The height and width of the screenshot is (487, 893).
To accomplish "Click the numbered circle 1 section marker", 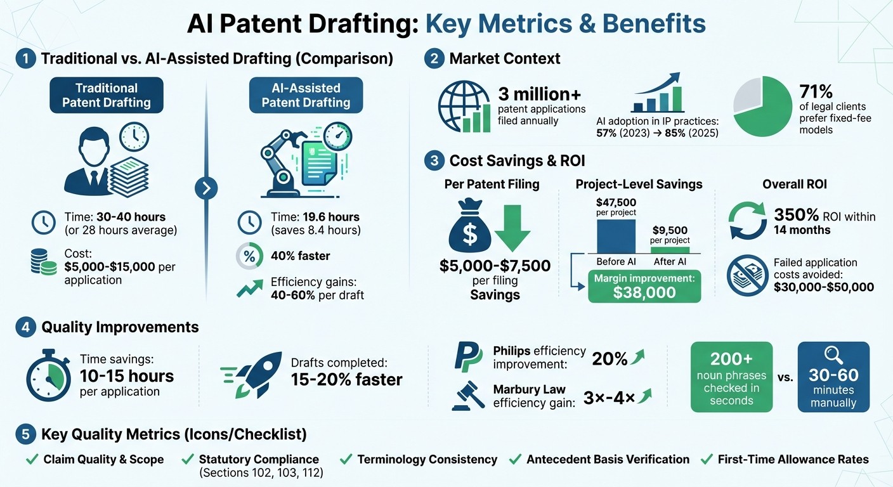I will click(25, 59).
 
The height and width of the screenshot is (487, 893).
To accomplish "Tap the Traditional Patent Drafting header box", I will click(107, 95).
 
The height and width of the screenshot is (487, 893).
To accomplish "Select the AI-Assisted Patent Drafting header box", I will click(306, 95).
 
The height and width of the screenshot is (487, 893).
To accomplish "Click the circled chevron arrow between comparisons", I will click(207, 188).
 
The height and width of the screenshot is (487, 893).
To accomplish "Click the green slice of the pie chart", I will click(767, 114).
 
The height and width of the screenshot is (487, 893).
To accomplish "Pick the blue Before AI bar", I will click(616, 236).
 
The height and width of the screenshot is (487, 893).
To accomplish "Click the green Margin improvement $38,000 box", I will click(644, 286).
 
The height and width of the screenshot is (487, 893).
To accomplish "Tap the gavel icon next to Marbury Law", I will click(467, 395).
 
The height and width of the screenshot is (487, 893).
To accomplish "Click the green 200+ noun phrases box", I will click(731, 377).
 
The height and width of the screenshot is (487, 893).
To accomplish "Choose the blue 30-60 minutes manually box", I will click(833, 377).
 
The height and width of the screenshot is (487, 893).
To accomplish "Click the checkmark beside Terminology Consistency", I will click(346, 459).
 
